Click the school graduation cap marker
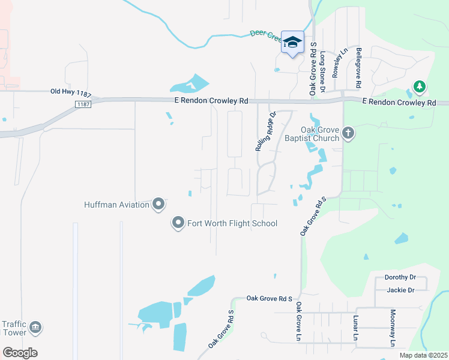(x=292, y=42)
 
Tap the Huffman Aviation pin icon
(x=158, y=205)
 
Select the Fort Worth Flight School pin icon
(x=178, y=224)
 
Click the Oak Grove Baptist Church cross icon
(x=348, y=133)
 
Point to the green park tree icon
(x=419, y=87)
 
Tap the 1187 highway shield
(x=83, y=104)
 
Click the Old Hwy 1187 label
(x=71, y=92)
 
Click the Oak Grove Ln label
(x=298, y=322)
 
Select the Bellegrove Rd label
(x=359, y=64)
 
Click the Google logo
(x=20, y=353)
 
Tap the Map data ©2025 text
(x=422, y=355)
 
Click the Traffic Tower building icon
(x=36, y=327)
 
